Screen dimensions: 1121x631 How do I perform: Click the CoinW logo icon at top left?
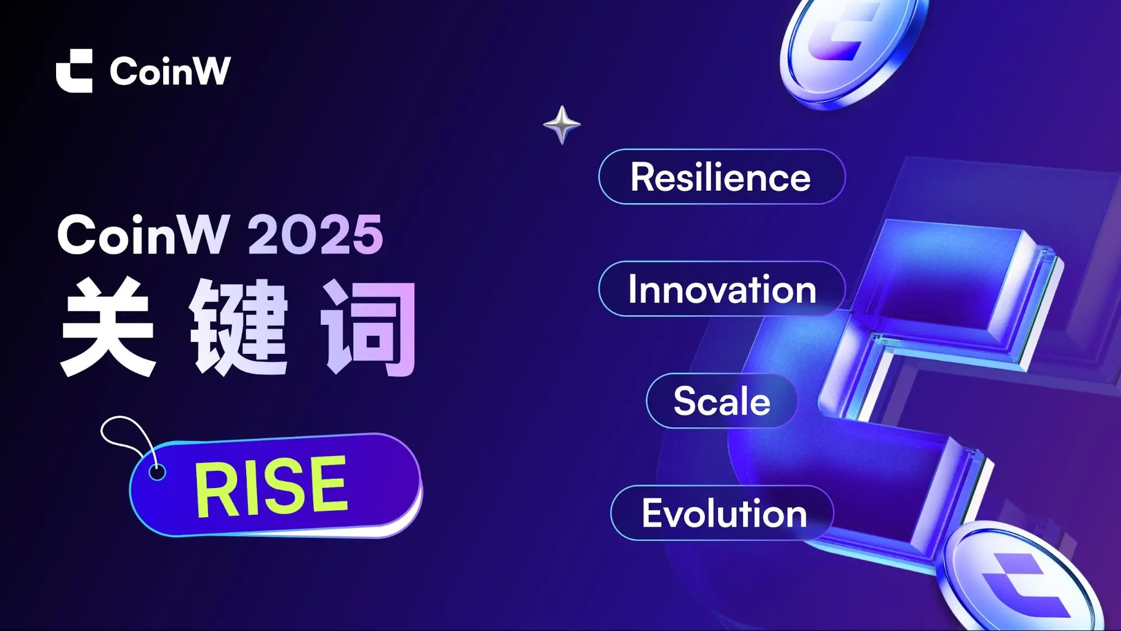(x=74, y=71)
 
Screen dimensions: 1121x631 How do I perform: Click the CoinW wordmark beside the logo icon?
(x=170, y=71)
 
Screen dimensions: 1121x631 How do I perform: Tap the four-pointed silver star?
(x=562, y=125)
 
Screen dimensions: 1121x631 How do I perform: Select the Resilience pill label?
(x=722, y=177)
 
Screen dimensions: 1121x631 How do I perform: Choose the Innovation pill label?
(x=722, y=289)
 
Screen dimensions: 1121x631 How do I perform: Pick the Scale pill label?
(x=722, y=401)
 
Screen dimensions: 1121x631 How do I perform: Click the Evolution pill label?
(x=722, y=513)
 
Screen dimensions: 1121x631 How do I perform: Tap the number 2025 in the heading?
(x=316, y=234)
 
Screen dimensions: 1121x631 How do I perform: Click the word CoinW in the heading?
(x=144, y=234)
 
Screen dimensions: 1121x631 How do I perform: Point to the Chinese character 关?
(x=108, y=326)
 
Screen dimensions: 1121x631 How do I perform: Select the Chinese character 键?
(x=239, y=327)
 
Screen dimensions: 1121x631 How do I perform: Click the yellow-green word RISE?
(x=271, y=486)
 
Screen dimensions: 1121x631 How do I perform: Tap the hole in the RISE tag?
(x=157, y=472)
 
